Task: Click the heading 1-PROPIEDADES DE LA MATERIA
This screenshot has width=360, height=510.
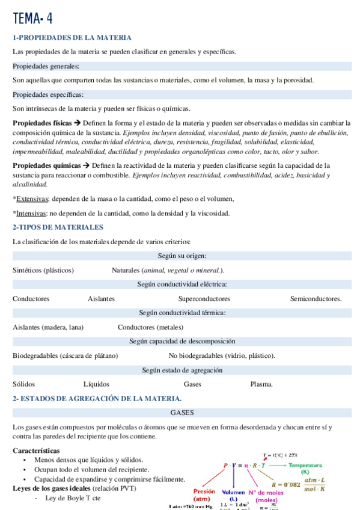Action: pos(72,38)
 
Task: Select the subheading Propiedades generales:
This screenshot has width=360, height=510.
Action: pos(46,66)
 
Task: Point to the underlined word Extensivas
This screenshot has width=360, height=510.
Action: pos(33,198)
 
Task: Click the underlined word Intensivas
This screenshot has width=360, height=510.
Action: pos(32,213)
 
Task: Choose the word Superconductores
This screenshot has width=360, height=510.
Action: pos(204,298)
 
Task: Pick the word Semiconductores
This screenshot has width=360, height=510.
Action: pos(316,298)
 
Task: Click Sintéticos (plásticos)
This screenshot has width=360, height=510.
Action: pos(43,270)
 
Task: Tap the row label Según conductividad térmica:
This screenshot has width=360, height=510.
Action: pos(182,313)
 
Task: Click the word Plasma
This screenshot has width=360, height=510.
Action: pos(261,384)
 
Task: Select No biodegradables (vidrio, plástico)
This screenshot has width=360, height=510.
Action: pos(222,355)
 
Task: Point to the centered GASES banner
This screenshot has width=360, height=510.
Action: pos(182,413)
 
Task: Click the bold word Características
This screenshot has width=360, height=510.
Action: pos(36,450)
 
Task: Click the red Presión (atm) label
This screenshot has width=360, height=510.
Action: pos(205,494)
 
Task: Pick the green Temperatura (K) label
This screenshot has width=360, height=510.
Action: pos(305,468)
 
